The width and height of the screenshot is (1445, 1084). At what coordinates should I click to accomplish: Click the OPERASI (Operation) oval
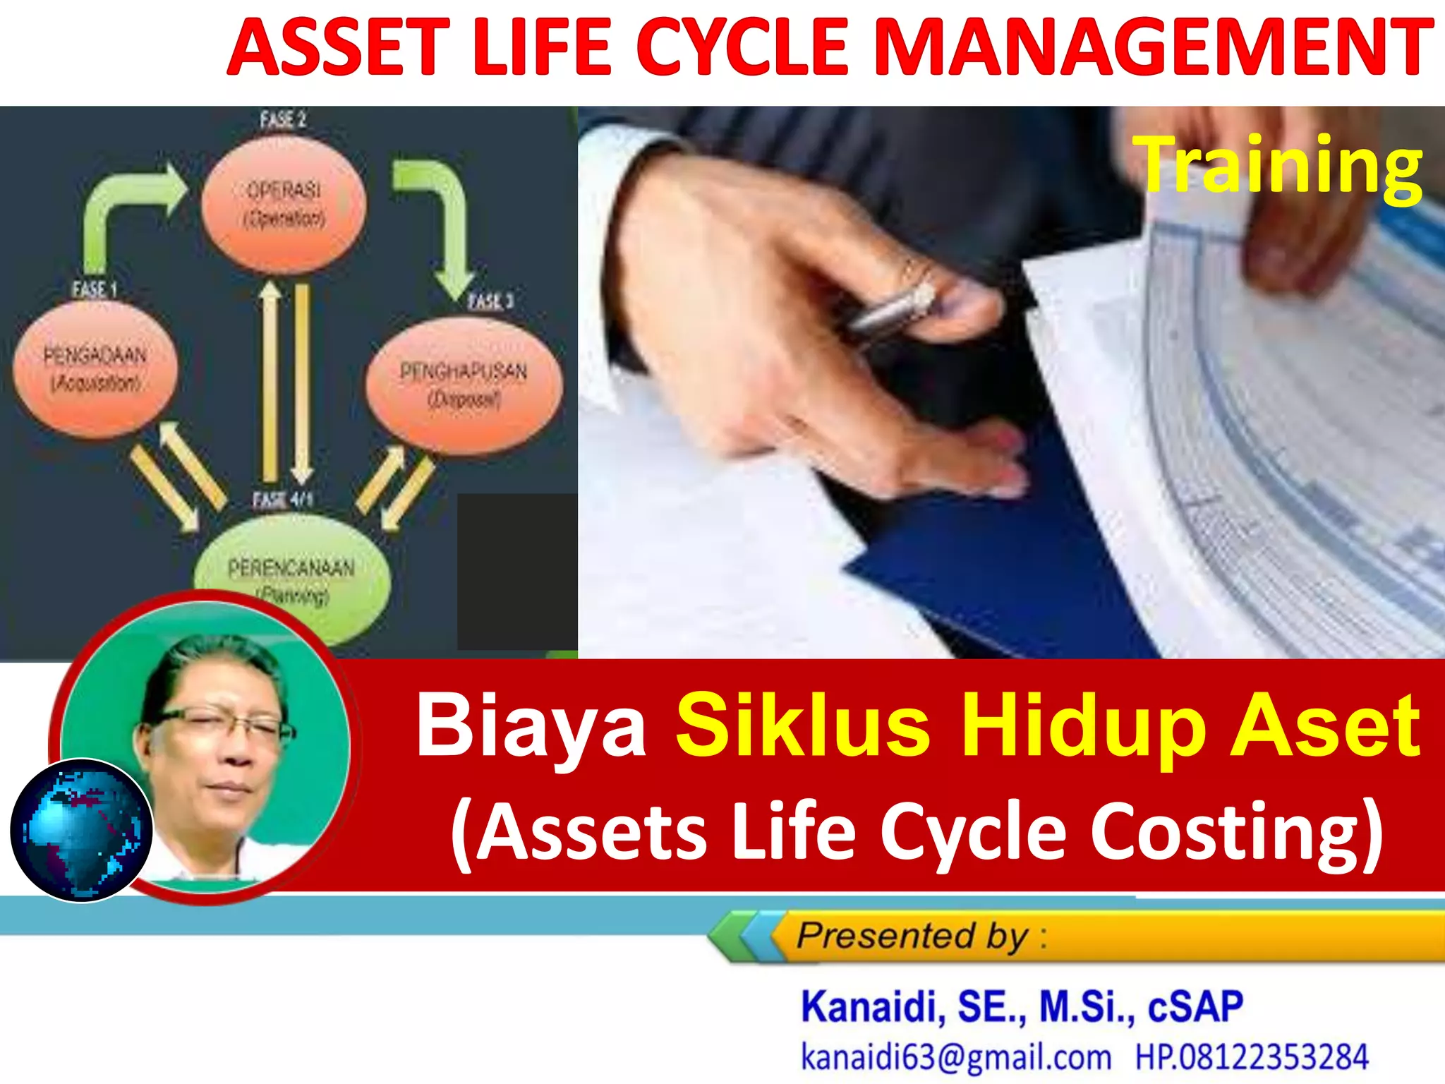click(x=284, y=205)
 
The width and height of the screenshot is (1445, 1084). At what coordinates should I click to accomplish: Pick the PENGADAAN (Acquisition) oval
click(x=95, y=368)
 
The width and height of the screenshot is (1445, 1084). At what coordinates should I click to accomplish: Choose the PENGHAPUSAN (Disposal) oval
click(x=464, y=385)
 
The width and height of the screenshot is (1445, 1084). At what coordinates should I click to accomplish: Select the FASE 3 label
click(x=491, y=301)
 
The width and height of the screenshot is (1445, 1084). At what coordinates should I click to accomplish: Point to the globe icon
click(x=81, y=830)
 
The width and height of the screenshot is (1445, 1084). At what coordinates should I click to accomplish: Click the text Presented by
click(x=913, y=937)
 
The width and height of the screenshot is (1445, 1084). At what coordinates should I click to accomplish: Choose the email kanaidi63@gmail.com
click(x=955, y=1057)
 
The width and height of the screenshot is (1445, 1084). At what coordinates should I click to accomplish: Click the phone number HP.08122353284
click(x=1251, y=1057)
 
